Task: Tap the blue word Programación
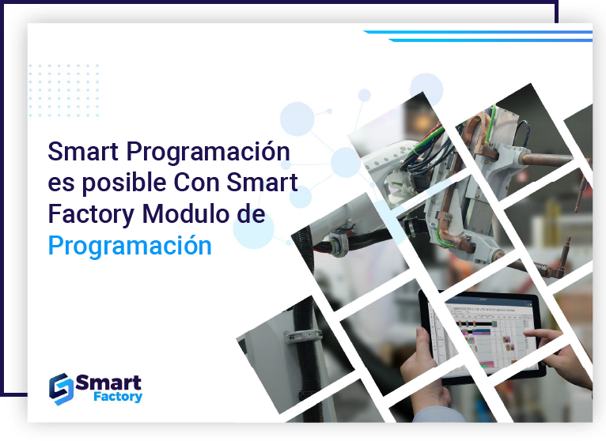click(130, 246)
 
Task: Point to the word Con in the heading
click(196, 183)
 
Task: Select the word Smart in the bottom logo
click(108, 383)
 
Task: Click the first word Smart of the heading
click(84, 151)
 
